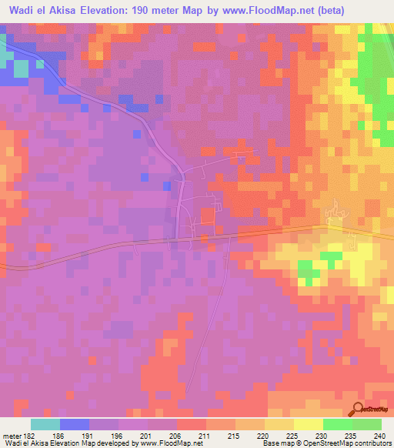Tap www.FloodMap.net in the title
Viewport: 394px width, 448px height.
point(247,9)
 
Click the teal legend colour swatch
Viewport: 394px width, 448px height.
point(45,424)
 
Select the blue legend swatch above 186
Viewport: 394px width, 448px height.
point(75,424)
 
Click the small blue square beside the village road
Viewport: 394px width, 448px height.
point(167,186)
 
